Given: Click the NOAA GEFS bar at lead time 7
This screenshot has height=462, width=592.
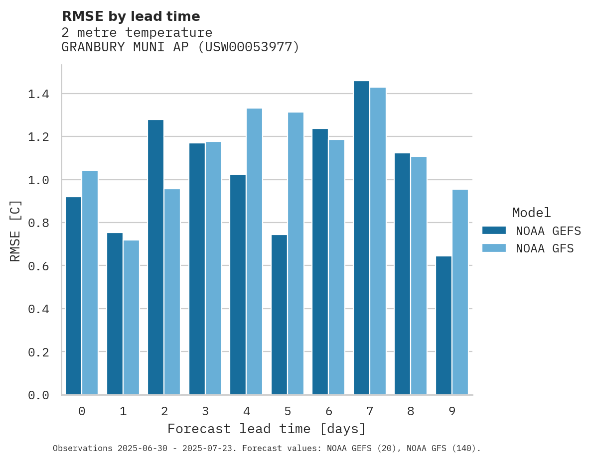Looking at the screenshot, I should click(361, 238).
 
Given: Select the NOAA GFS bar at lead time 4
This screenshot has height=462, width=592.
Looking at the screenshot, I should click(254, 251).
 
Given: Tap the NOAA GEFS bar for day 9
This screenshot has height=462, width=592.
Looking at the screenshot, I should click(444, 326).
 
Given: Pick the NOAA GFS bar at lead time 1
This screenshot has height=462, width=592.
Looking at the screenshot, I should click(131, 318).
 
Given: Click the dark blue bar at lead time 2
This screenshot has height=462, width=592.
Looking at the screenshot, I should click(155, 257).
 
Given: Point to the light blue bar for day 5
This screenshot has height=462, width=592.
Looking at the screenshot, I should click(296, 253).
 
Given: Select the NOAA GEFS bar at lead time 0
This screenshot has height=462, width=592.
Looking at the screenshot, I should click(73, 296).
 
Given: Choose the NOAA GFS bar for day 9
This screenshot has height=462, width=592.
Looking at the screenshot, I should click(460, 292).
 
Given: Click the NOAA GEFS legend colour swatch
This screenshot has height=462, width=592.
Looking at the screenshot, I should click(494, 231).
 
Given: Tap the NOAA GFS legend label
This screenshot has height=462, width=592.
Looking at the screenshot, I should click(545, 248).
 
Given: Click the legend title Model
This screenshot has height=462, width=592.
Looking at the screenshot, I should click(531, 213).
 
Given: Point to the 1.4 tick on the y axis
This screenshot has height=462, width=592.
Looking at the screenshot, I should click(38, 94).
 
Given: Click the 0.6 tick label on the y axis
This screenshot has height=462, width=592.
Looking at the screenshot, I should click(38, 266).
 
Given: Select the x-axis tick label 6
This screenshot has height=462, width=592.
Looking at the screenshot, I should click(329, 411).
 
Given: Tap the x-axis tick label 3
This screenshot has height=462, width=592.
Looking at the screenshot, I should click(205, 411).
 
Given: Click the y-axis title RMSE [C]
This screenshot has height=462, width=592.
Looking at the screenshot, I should click(16, 231).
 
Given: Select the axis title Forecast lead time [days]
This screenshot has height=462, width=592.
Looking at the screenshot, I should click(267, 429).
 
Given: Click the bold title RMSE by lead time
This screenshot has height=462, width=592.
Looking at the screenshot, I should click(131, 16).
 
